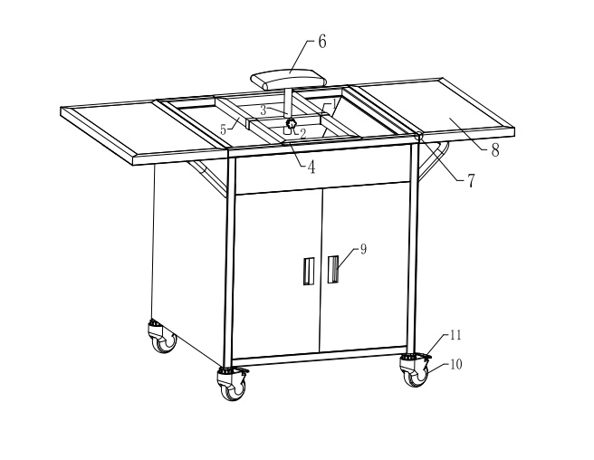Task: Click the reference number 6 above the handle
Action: pos(321,42)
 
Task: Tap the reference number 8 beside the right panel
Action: pos(495,150)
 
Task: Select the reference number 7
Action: pos(471,181)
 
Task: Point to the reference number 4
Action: pos(311,167)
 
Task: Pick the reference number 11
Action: pos(455,335)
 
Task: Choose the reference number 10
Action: pos(455,365)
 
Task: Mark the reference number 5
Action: pos(223,129)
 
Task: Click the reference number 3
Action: pos(263,110)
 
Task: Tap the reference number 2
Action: pos(303,133)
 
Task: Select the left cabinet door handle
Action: pos(309,271)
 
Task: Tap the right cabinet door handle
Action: pos(333,269)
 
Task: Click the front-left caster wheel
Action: pos(233,386)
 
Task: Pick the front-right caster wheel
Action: pos(416,371)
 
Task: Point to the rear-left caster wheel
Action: pos(163,337)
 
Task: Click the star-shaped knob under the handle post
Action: pos(291,123)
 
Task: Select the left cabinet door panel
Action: pos(277,273)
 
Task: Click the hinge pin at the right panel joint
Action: pos(419,136)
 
